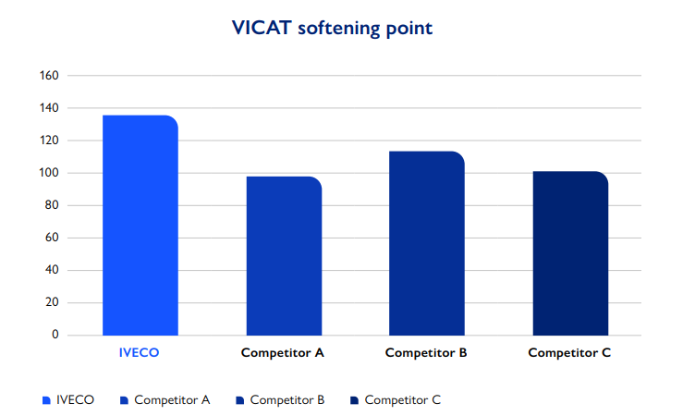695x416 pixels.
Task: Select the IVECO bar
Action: (140, 226)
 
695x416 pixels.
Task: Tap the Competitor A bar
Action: (284, 256)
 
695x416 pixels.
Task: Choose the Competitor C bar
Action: (570, 253)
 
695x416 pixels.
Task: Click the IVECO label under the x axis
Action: (140, 353)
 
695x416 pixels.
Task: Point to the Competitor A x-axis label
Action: (283, 353)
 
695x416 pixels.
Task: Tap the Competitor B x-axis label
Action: (426, 353)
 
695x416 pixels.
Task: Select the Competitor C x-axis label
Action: (569, 353)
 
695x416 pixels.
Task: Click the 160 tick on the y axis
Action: (50, 76)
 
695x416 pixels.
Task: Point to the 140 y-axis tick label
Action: (50, 108)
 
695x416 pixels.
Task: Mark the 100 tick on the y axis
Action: (50, 173)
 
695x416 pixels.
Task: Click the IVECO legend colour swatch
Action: (46, 400)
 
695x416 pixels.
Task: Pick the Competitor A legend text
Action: (172, 400)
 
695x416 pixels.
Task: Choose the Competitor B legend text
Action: (287, 400)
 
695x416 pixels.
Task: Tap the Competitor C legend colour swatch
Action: (354, 400)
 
